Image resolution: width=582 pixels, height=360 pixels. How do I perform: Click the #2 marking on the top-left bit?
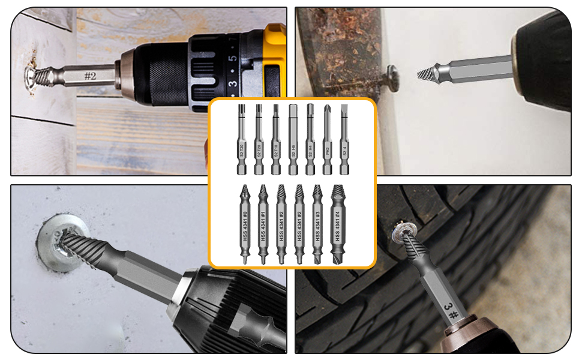click(91, 76)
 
